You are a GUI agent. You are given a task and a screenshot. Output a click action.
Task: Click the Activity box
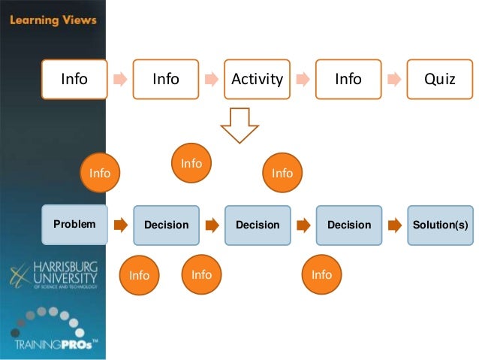(x=258, y=78)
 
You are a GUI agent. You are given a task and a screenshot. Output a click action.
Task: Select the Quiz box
(x=440, y=78)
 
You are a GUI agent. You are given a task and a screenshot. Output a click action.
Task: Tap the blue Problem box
(x=74, y=225)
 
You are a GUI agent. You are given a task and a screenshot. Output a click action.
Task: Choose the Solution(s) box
(x=440, y=225)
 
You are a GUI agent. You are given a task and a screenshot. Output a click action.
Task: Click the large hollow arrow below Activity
(x=239, y=125)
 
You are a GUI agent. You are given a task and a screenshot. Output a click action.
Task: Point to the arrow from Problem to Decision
(x=120, y=225)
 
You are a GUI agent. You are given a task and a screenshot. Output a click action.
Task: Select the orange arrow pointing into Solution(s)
(x=394, y=225)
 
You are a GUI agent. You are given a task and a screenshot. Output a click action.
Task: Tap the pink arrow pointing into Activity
(x=212, y=78)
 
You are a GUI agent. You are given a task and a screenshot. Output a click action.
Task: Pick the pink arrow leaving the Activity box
(x=303, y=78)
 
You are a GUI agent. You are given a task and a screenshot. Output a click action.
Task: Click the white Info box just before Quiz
(x=348, y=78)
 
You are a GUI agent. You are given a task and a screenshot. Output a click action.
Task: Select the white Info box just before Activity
(x=166, y=78)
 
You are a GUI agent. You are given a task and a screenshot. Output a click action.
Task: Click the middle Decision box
(x=258, y=225)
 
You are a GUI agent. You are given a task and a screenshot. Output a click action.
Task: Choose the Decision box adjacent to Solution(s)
(x=348, y=225)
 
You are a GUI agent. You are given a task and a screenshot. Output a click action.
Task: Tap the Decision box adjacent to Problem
(x=166, y=225)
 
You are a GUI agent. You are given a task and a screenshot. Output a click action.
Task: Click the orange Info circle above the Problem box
(x=100, y=174)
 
